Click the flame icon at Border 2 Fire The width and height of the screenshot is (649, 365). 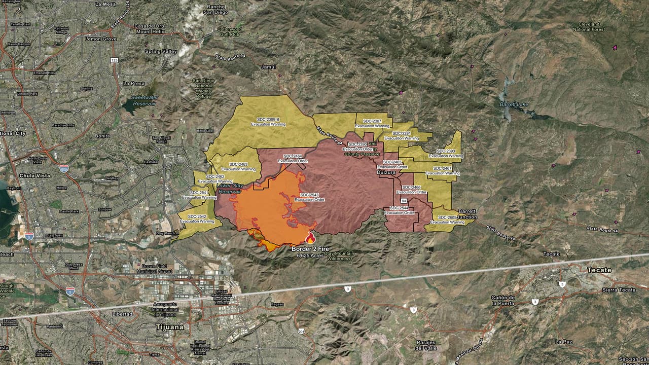310,237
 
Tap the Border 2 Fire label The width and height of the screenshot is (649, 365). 311,249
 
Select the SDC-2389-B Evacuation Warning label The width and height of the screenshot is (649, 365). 268,121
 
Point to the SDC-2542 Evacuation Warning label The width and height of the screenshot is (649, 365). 197,218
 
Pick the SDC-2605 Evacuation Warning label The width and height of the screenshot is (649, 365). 447,220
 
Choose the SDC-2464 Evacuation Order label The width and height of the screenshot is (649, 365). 293,158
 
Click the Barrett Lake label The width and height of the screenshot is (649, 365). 514,104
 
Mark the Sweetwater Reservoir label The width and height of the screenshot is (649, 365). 144,99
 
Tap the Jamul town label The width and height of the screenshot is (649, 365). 268,67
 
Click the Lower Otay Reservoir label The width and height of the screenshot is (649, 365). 229,189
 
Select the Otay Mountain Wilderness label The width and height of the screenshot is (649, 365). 338,256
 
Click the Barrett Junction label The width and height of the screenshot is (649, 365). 467,213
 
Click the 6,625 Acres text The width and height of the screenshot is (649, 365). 310,255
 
